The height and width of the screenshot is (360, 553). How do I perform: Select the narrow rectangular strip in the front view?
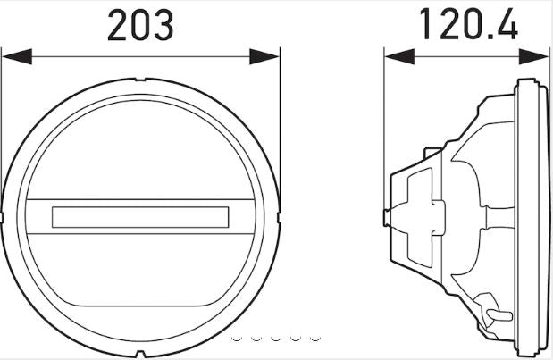[140, 216]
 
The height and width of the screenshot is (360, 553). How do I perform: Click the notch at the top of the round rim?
[140, 81]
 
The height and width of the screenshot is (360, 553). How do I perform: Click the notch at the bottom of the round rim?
[140, 351]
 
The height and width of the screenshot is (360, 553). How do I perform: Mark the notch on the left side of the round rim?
[4, 216]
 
